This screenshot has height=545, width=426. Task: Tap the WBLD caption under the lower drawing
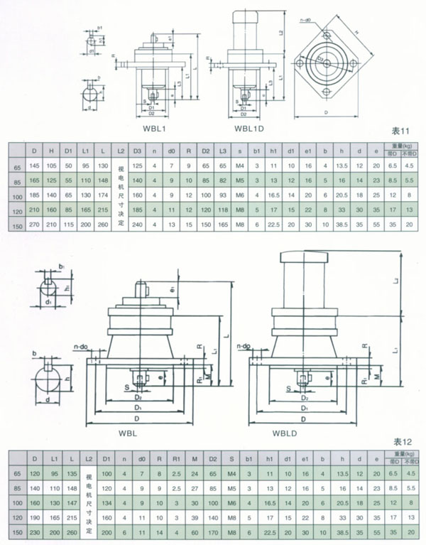(x=286, y=433)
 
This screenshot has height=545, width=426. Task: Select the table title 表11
(x=400, y=131)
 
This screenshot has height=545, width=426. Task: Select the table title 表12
(x=401, y=441)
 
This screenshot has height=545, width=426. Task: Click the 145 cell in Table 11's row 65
(x=33, y=166)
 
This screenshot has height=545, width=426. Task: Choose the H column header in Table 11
(x=51, y=151)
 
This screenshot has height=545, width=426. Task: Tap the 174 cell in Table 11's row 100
(x=103, y=195)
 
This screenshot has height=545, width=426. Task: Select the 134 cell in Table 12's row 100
(x=106, y=502)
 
